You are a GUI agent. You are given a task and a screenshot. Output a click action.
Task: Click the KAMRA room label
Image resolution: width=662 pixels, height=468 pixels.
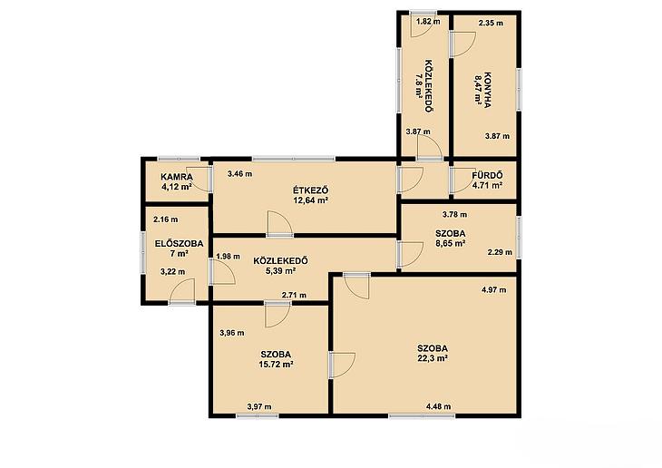coord(177,177)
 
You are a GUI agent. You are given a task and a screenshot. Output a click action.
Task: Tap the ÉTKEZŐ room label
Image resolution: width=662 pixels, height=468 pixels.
coord(311,190)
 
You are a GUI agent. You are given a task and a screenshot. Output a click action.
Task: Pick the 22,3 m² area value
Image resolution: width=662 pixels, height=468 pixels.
coord(433,358)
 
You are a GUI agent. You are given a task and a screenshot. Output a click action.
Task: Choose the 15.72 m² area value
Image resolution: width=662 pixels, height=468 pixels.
coord(276,364)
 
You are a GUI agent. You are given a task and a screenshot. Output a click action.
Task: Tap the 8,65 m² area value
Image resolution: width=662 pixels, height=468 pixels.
coord(451,243)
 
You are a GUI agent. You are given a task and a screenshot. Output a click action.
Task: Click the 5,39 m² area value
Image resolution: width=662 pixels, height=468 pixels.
coord(280,271)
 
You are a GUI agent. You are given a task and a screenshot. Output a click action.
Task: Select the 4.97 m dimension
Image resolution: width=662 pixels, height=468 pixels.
coord(494,289)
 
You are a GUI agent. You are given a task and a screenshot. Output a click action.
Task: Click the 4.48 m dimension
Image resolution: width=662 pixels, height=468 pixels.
coord(438,406)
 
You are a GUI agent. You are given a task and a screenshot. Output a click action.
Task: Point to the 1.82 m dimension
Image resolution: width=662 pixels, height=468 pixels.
coord(428,21)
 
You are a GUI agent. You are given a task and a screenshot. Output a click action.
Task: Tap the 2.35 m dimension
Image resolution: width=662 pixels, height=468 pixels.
coord(491,23)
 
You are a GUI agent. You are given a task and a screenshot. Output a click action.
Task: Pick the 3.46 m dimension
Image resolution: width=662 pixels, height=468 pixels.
coord(239,173)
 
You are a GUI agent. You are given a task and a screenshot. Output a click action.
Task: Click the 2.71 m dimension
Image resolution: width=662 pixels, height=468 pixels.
coord(294,295)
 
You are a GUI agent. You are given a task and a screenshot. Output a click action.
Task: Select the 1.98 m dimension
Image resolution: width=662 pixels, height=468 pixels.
coord(228,256)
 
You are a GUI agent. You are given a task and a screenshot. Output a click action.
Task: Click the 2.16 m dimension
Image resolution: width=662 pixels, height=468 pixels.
coord(165,219)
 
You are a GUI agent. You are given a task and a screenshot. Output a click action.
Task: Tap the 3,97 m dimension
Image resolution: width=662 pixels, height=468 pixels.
coord(259,406)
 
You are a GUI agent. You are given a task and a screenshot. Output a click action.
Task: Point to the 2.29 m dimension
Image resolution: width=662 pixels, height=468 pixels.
coord(500,252)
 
